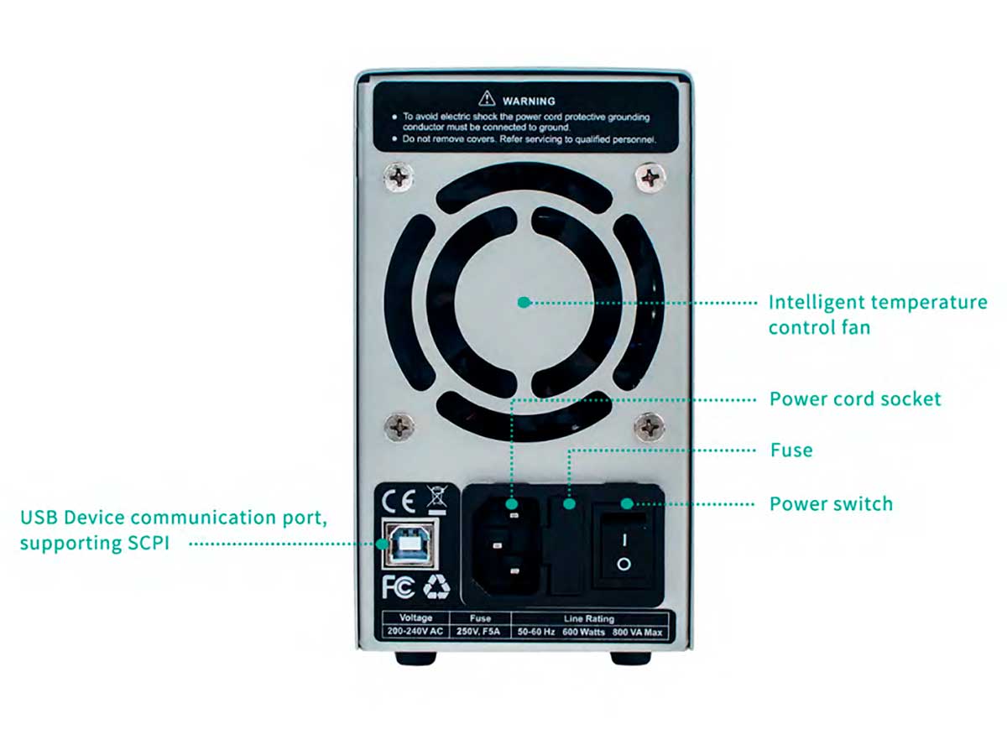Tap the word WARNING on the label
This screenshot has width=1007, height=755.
(529, 101)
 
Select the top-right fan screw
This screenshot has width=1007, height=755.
(650, 177)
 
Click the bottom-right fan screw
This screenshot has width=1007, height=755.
(650, 426)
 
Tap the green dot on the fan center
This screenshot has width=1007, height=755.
(524, 302)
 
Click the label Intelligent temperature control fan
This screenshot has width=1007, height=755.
(877, 314)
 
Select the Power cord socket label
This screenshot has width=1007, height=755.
(855, 398)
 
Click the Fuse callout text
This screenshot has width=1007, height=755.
(791, 450)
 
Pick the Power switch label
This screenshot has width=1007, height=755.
(831, 504)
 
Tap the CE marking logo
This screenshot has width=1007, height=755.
(399, 502)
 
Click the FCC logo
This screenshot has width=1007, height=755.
(399, 587)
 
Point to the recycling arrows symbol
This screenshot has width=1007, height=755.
(436, 587)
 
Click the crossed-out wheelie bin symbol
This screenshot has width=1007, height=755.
(437, 499)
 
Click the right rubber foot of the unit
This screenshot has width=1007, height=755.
(630, 658)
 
